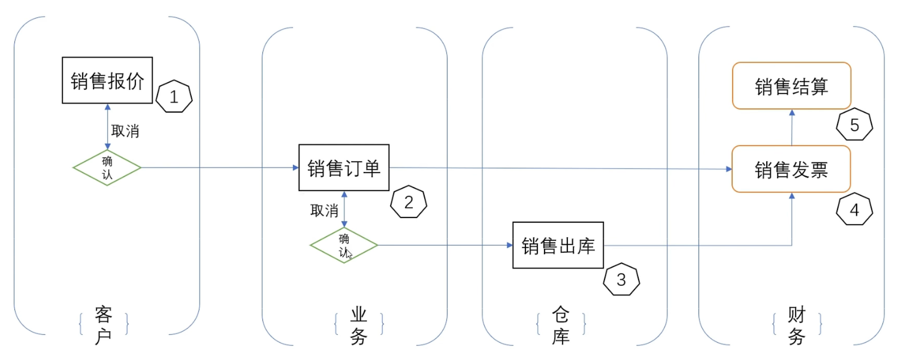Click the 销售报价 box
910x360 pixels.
(108, 80)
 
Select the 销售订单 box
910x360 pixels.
(344, 168)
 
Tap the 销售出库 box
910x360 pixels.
(558, 245)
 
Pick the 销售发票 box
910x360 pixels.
(791, 170)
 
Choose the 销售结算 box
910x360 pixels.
(791, 86)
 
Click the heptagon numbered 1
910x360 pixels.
(174, 97)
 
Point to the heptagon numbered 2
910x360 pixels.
(409, 202)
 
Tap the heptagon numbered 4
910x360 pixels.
(854, 210)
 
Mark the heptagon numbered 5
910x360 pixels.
(854, 125)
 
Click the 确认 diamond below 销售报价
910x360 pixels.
(107, 167)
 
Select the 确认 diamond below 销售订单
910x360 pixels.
(344, 245)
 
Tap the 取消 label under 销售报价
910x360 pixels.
(125, 131)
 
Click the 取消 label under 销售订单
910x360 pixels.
(324, 210)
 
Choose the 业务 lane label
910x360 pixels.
(358, 325)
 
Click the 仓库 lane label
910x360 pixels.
(561, 325)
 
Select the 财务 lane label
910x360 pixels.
(796, 325)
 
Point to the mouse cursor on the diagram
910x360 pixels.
(349, 253)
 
